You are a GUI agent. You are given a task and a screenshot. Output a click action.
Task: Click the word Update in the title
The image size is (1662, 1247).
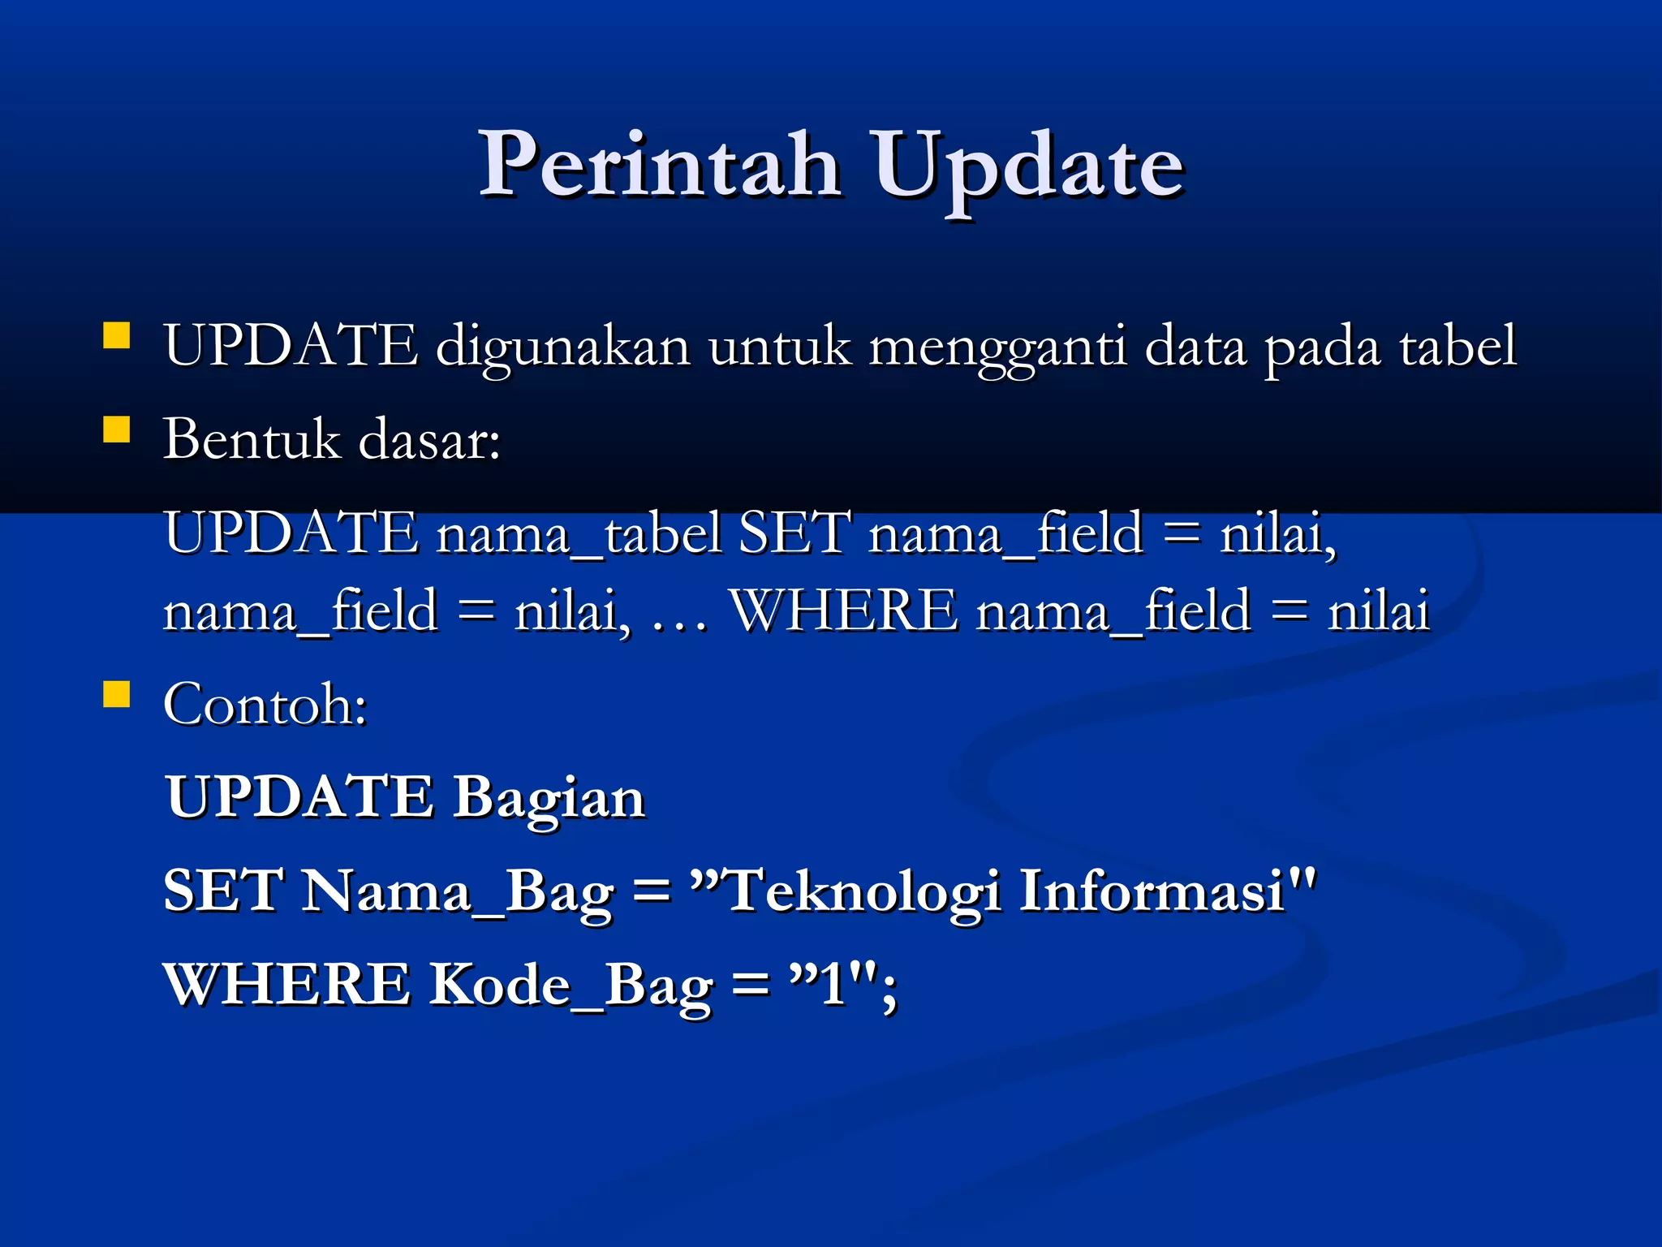point(1027,166)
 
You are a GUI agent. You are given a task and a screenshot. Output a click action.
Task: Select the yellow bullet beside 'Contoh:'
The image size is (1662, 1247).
point(117,694)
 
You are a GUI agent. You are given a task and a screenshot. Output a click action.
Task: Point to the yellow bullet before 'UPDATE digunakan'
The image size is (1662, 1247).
point(117,335)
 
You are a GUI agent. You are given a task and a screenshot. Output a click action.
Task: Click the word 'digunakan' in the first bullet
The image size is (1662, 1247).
point(562,347)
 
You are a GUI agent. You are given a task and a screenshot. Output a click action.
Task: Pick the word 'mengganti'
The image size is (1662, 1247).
point(997,347)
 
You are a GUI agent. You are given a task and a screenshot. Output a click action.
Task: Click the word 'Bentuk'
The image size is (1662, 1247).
point(252,439)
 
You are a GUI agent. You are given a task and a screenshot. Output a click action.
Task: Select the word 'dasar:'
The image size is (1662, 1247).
point(429,439)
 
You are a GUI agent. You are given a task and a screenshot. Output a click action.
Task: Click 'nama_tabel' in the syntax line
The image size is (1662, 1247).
point(579,533)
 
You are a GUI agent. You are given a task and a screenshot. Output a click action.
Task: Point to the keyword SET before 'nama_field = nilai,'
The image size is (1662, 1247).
point(794,533)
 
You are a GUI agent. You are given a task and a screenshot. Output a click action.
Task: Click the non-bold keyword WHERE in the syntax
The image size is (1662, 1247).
point(844,611)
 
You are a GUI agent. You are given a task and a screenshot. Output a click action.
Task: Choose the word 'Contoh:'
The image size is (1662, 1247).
point(265,704)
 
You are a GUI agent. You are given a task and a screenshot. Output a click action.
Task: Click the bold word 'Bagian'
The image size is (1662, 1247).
point(549,797)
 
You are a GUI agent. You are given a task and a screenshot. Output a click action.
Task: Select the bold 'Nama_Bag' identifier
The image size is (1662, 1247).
point(458,891)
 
